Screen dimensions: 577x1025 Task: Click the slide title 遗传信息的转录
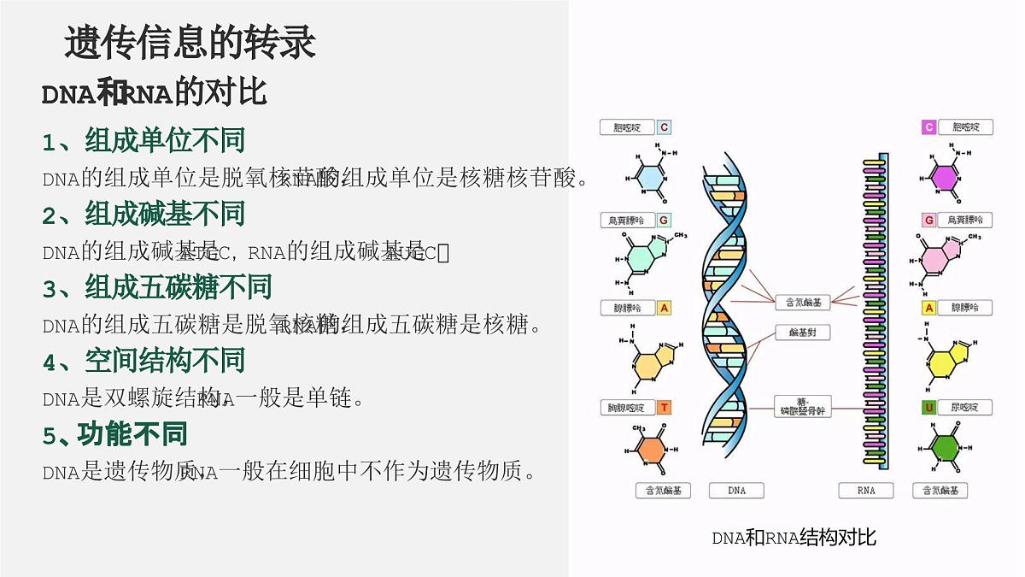pos(190,43)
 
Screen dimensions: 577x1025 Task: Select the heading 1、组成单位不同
pos(143,140)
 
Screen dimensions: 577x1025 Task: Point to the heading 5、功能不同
pos(115,434)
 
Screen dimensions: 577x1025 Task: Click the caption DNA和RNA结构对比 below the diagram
pos(794,538)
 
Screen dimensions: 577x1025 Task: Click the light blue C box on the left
pos(664,127)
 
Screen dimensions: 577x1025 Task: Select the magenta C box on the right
pos(928,127)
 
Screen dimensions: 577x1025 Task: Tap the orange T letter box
pos(664,408)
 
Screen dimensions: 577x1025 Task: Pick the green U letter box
pos(928,408)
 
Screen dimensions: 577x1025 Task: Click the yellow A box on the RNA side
pos(928,307)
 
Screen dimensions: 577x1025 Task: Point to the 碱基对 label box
pos(802,332)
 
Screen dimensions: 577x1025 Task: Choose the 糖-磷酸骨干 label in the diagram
pos(802,407)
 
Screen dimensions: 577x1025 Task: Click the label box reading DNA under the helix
pos(737,491)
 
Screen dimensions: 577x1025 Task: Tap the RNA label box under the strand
pos(865,491)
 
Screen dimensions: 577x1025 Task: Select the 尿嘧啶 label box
pos(965,408)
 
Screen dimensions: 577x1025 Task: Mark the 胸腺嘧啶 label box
pos(626,408)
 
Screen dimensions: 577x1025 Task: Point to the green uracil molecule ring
pos(946,447)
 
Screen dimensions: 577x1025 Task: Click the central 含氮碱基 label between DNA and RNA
pos(802,302)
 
